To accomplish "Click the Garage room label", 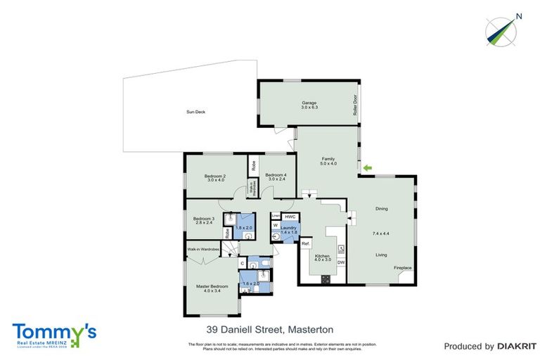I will click(x=310, y=103).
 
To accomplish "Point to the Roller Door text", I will click(x=355, y=105).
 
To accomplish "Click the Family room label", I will click(x=328, y=159).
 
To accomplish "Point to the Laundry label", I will click(x=290, y=228).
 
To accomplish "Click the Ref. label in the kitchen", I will click(x=306, y=243).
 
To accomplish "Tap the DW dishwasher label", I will click(x=340, y=262).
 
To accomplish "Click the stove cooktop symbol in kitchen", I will click(x=326, y=278).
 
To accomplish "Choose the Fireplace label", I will click(x=402, y=268).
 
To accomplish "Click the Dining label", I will click(x=381, y=209).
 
